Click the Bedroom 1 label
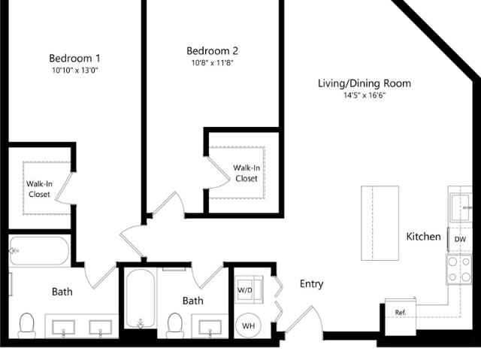click(74, 58)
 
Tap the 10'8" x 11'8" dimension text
click(212, 63)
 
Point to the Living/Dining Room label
click(364, 83)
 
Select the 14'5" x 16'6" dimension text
click(364, 95)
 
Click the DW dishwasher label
click(460, 239)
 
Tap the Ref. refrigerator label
click(401, 313)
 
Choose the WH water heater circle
click(249, 325)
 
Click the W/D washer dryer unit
click(249, 290)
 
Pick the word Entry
click(311, 284)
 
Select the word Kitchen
click(423, 237)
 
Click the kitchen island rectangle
click(380, 223)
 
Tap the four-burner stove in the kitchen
click(459, 270)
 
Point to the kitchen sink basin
click(461, 207)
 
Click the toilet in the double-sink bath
click(27, 325)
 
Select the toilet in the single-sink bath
click(175, 325)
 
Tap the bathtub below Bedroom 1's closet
click(39, 250)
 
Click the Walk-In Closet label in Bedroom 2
click(247, 174)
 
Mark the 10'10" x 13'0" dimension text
click(74, 70)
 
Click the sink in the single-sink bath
click(210, 328)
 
